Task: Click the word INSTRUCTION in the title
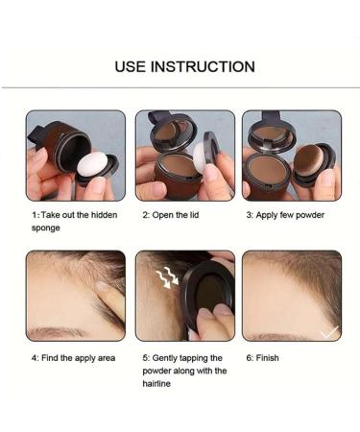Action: [x=203, y=66]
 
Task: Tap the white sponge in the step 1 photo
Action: [x=93, y=164]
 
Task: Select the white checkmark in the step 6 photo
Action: [x=329, y=333]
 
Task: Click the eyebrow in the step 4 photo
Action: [x=55, y=332]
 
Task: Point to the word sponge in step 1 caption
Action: [x=45, y=228]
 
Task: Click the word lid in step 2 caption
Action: [x=194, y=215]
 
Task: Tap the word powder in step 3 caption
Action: [x=310, y=215]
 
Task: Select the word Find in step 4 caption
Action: [x=50, y=358]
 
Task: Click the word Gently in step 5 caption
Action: [x=164, y=358]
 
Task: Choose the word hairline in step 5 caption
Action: [x=156, y=383]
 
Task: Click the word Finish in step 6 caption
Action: [x=267, y=358]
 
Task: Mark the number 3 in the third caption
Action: [x=249, y=215]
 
